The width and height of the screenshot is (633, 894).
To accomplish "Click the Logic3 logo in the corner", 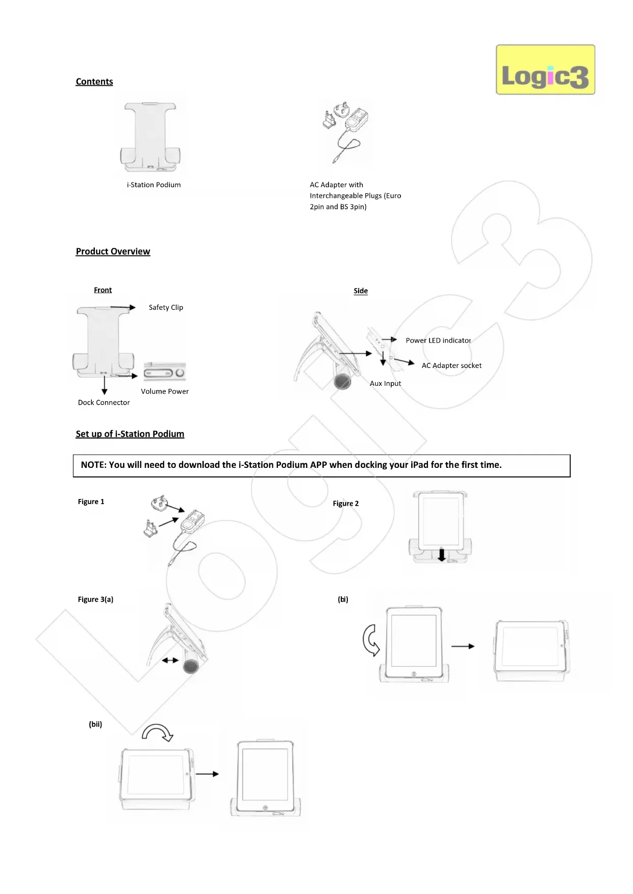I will coord(545,70).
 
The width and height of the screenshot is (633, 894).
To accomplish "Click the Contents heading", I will coord(94,82).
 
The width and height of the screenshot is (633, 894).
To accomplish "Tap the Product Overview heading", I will coord(113,251).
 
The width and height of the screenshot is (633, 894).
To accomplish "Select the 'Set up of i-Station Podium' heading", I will coord(130,434).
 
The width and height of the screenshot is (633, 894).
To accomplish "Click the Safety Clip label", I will coord(166,307).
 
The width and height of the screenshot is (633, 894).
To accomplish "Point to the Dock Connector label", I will coord(104,402).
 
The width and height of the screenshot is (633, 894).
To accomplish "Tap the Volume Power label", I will coord(165,391).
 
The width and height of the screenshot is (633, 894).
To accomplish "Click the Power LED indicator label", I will coord(438,340).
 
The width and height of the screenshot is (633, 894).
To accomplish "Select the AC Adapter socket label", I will coord(451,365).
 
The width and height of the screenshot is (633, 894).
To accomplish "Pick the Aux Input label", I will coord(385,383).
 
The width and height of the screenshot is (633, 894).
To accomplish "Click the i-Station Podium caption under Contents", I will coord(154,185).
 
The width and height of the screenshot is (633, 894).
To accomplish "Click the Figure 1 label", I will coord(91,502).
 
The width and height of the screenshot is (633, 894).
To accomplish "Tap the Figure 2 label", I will coord(345,504).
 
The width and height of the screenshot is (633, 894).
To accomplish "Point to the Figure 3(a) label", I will coord(95,599).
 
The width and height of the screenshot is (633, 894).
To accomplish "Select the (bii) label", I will coord(95,724).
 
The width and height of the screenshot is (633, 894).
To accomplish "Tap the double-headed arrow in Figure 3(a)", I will coord(170,660).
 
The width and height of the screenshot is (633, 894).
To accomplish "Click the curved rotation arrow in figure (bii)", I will coord(158,732).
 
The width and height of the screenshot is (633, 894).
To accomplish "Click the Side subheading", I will coord(361,291).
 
